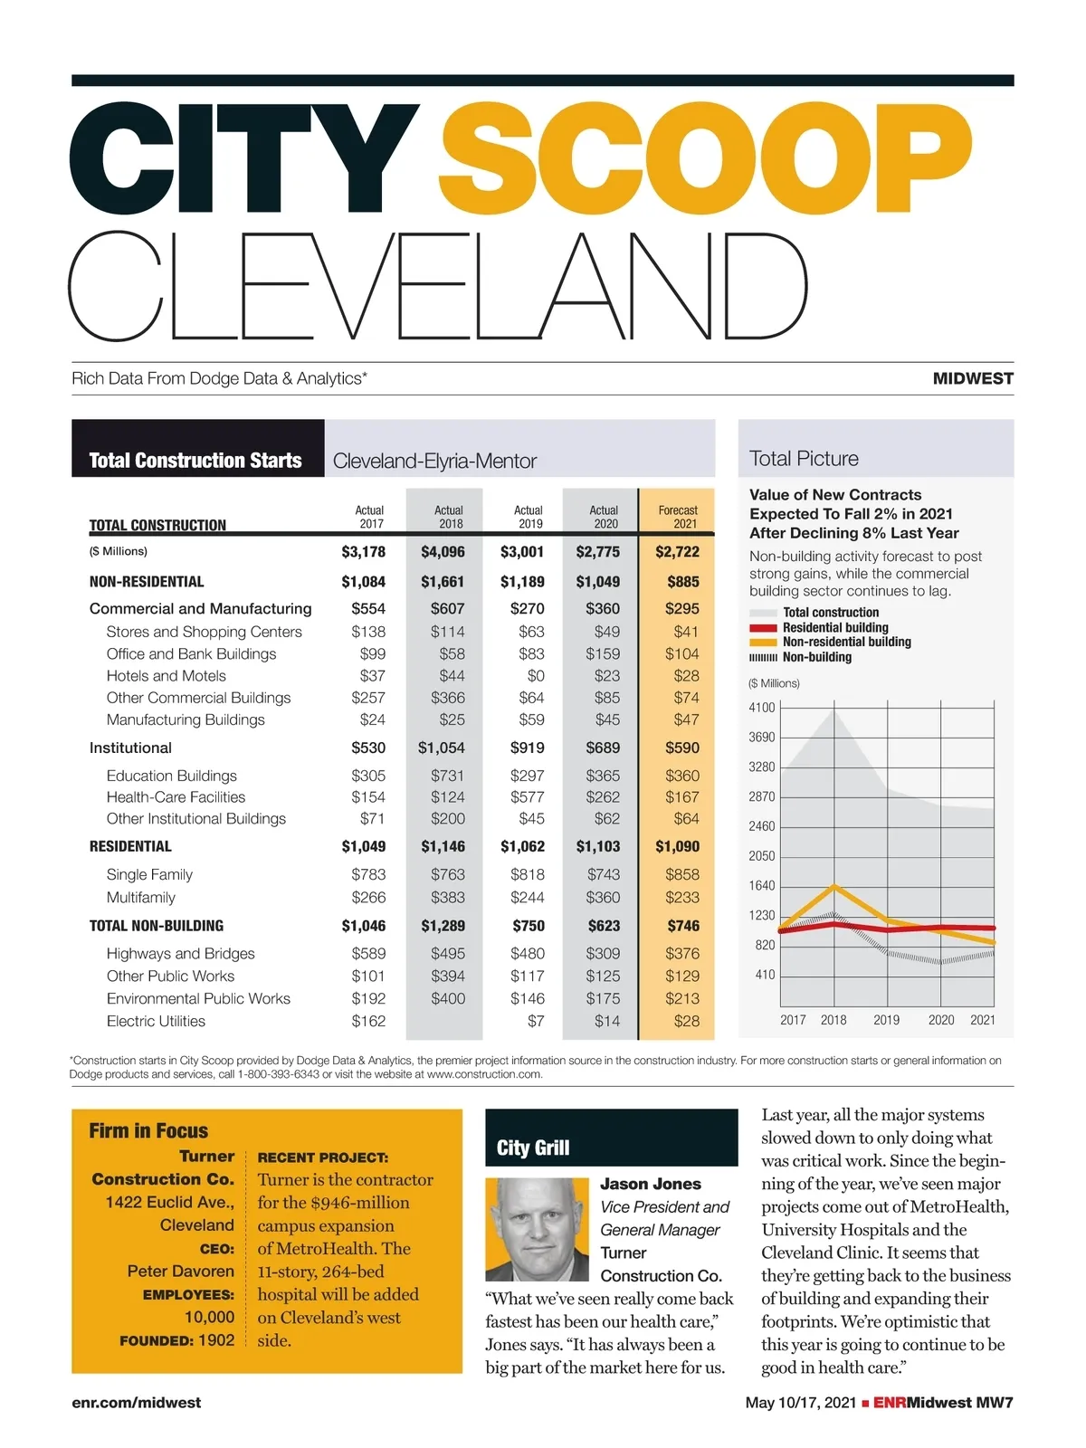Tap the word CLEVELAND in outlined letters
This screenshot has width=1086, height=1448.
click(x=438, y=286)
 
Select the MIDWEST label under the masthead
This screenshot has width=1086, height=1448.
click(x=973, y=378)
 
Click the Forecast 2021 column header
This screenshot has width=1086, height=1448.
click(x=678, y=517)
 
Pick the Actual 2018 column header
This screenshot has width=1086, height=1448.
click(x=449, y=517)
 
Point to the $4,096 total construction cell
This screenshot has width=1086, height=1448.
click(x=443, y=551)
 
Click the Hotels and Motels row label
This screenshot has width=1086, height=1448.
click(x=166, y=676)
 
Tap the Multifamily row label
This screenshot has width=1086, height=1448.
click(x=140, y=898)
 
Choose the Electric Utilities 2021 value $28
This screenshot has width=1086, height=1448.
click(x=686, y=1021)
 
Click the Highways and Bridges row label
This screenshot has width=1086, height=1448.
click(x=180, y=954)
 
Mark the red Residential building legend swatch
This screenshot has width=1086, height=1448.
click(x=763, y=628)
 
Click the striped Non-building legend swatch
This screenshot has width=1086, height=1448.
click(x=763, y=658)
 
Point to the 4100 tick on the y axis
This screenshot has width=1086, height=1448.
click(x=762, y=708)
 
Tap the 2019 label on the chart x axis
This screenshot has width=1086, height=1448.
click(x=886, y=1020)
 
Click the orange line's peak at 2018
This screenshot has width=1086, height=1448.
click(x=834, y=887)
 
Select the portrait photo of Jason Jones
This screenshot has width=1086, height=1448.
click(x=537, y=1228)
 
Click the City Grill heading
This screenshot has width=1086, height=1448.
click(x=533, y=1148)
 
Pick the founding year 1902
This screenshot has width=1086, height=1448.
click(x=215, y=1340)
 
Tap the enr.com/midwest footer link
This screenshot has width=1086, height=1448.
click(x=136, y=1403)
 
